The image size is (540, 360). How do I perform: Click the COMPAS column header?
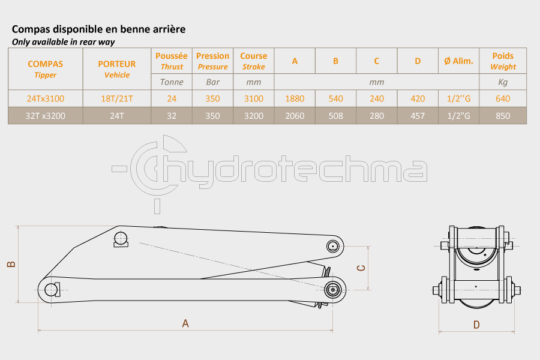(46, 69)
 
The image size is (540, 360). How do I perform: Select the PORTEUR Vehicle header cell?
(117, 69)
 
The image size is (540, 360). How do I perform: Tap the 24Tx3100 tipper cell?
(46, 98)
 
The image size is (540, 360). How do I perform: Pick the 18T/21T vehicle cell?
(117, 98)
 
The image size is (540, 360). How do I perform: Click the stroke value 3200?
(253, 116)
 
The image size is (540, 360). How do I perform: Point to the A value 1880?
(295, 98)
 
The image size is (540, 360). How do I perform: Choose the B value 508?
(335, 116)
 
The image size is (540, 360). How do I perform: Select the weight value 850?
(503, 116)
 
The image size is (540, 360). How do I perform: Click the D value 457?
(418, 116)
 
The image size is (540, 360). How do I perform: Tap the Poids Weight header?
(503, 61)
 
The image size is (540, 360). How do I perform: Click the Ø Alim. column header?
(458, 61)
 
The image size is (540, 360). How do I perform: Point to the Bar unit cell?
(212, 82)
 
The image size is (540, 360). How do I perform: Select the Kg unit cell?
(503, 82)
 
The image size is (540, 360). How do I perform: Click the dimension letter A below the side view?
(185, 323)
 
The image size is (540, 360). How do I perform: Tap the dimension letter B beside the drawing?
(11, 264)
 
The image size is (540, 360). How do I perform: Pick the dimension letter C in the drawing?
(361, 268)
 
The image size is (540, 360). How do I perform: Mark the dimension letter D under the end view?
(476, 325)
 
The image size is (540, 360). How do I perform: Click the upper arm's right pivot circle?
(332, 247)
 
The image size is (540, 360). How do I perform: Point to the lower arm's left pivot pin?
(52, 290)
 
